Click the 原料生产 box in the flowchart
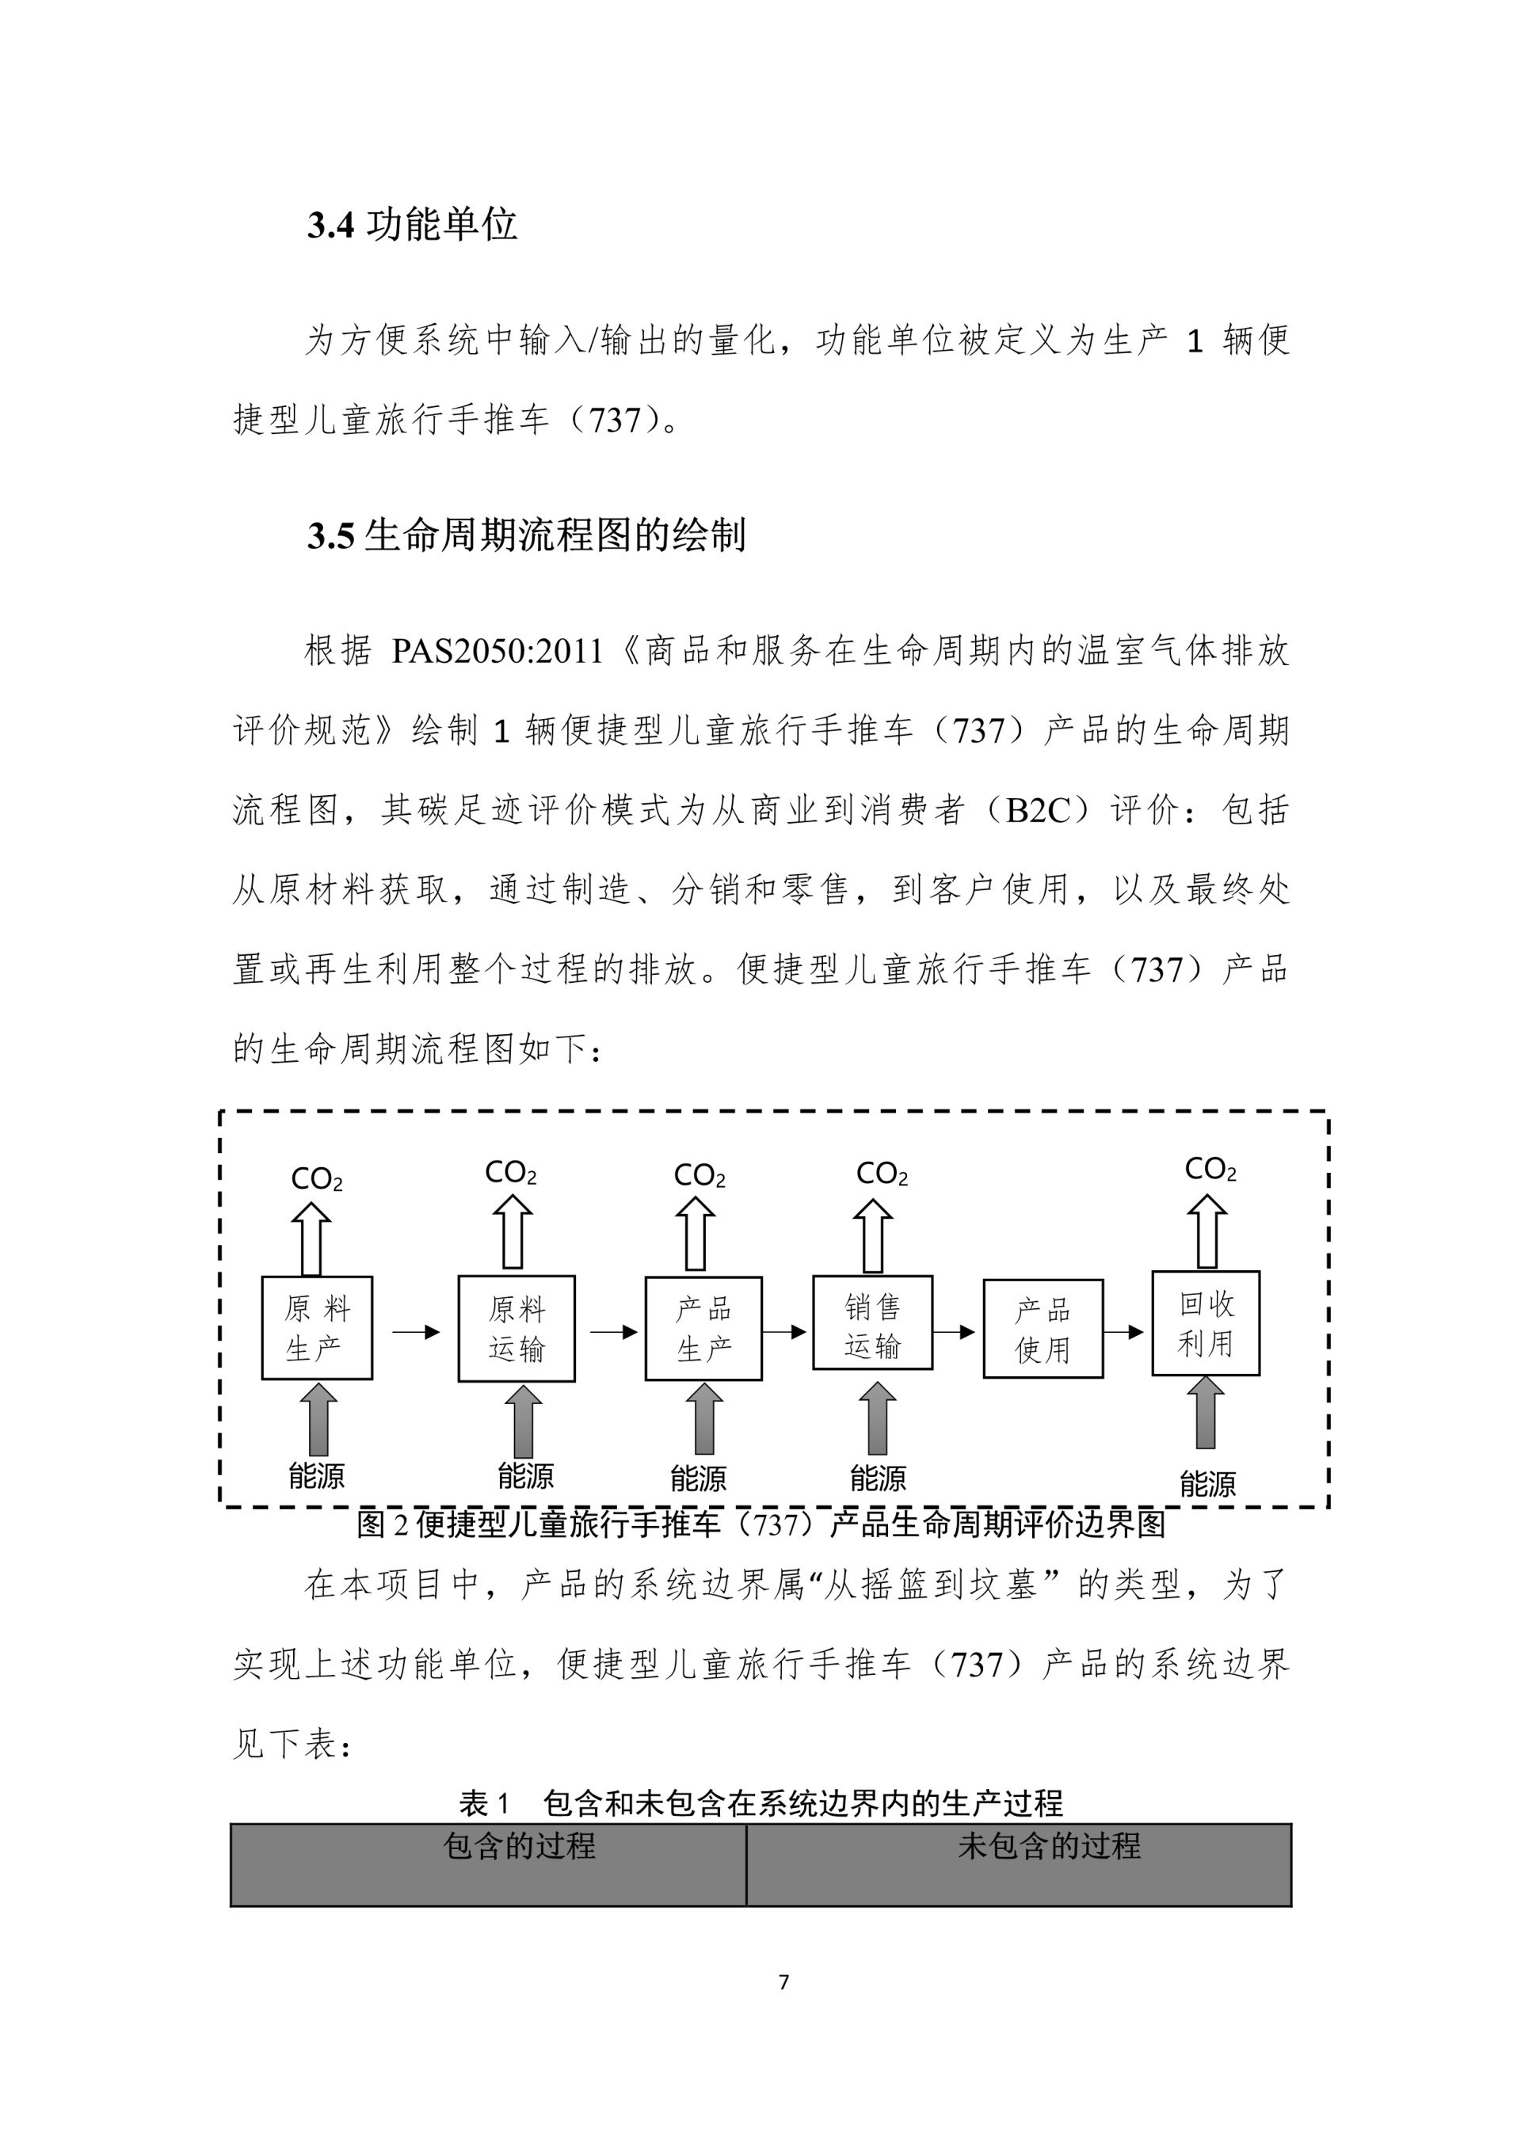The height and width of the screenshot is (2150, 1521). [x=317, y=1328]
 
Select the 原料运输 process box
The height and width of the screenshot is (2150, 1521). [x=516, y=1328]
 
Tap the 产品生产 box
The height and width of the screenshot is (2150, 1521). [x=703, y=1328]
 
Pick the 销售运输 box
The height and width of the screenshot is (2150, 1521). [x=872, y=1322]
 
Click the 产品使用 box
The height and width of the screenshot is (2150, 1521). [x=1043, y=1329]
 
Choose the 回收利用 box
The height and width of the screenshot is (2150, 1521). [x=1206, y=1322]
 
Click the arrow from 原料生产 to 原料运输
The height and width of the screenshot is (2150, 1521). [x=416, y=1332]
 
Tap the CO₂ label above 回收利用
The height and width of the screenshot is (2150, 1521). [x=1210, y=1170]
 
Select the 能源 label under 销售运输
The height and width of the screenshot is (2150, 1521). [x=878, y=1478]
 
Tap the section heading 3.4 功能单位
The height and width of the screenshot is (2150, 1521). [x=412, y=225]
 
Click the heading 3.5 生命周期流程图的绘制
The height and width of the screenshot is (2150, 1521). [x=526, y=535]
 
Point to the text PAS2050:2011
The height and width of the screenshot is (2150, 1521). [x=497, y=651]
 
